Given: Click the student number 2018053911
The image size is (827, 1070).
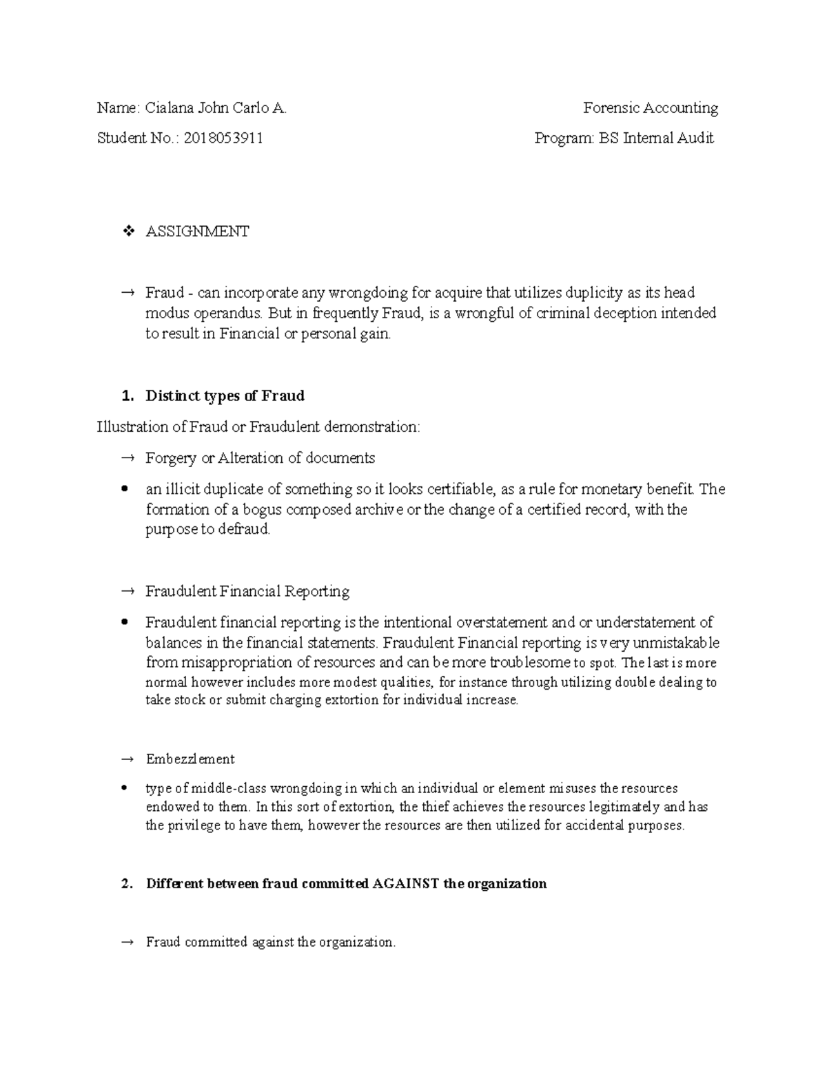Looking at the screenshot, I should [x=223, y=138].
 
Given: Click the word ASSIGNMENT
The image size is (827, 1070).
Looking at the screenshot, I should [x=197, y=232].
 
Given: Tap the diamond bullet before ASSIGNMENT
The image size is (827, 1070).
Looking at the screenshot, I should [x=127, y=232].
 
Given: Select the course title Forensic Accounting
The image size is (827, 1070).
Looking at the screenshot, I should [x=650, y=108].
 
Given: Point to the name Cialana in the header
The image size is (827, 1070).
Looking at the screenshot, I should [x=170, y=108].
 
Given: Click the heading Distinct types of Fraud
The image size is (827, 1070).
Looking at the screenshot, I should [x=225, y=396].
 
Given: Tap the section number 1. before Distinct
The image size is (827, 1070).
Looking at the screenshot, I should [x=125, y=396].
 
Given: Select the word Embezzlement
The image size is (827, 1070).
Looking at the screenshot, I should [x=190, y=759].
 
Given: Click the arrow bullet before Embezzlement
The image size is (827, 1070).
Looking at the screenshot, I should [x=127, y=759].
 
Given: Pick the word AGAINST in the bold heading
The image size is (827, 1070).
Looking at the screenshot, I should [x=405, y=884].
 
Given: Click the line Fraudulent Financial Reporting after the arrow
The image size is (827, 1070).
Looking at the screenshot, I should [x=247, y=591].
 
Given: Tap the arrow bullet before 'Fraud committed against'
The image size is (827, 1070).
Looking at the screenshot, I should [x=127, y=943].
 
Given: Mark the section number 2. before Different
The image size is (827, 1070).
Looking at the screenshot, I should [x=125, y=884].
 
